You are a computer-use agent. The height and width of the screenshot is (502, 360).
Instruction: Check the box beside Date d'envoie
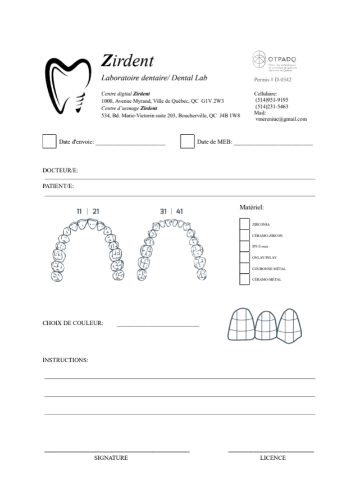pyautogui.click(x=49, y=141)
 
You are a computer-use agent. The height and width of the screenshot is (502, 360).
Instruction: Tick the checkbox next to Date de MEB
pyautogui.click(x=187, y=141)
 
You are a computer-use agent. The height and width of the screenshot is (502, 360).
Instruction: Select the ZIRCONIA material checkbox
pyautogui.click(x=244, y=224)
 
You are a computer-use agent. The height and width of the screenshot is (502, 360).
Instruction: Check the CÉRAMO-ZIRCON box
pyautogui.click(x=244, y=236)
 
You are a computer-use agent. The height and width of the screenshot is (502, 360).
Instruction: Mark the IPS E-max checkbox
pyautogui.click(x=244, y=247)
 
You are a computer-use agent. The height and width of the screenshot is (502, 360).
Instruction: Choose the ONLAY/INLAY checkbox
pyautogui.click(x=244, y=257)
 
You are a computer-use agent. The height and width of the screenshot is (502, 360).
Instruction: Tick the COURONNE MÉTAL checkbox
pyautogui.click(x=244, y=269)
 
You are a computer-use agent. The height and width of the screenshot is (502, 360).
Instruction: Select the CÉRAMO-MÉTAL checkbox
pyautogui.click(x=244, y=279)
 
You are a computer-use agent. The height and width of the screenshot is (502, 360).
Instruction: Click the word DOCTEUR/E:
pyautogui.click(x=60, y=170)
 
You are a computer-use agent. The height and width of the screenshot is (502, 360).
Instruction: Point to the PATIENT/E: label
pyautogui.click(x=58, y=186)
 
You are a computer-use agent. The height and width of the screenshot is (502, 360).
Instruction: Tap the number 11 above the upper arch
pyautogui.click(x=80, y=211)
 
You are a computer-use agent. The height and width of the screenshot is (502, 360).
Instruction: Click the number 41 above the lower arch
pyautogui.click(x=180, y=211)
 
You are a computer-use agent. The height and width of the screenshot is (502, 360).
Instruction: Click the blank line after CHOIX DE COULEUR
pyautogui.click(x=158, y=325)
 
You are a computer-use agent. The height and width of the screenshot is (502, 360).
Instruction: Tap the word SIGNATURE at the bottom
pyautogui.click(x=111, y=458)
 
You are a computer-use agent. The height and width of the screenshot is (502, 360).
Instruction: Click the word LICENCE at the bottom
pyautogui.click(x=273, y=458)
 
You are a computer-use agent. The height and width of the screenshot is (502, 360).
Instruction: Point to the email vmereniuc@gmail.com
pyautogui.click(x=281, y=119)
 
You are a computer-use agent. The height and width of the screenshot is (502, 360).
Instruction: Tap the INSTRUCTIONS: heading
pyautogui.click(x=65, y=360)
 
